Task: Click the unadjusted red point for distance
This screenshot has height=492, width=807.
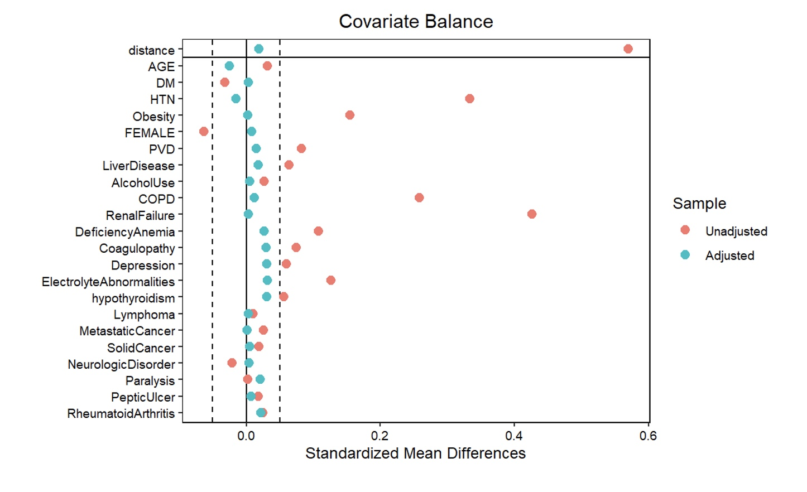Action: point(628,49)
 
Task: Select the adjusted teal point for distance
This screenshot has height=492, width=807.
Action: point(258,49)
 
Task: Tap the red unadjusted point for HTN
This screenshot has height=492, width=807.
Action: point(469,99)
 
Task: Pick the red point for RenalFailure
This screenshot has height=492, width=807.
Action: point(531,214)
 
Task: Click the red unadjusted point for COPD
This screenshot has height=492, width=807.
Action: point(419,198)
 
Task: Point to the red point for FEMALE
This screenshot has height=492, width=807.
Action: point(204,132)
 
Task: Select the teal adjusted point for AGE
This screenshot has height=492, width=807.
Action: point(229,66)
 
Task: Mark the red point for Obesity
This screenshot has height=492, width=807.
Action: point(350,115)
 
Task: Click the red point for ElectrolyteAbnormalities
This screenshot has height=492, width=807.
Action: point(330,280)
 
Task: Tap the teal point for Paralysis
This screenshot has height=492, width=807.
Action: point(260,380)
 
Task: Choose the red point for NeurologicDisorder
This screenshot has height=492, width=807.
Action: point(232,363)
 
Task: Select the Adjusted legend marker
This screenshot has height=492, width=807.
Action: point(685,255)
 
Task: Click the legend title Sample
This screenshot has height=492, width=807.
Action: point(699,204)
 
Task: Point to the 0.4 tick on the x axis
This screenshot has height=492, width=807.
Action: point(514,436)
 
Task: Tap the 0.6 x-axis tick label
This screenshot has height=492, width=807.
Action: point(648,436)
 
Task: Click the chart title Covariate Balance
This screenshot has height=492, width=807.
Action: point(416,22)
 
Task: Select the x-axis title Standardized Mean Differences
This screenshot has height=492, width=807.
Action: point(415,454)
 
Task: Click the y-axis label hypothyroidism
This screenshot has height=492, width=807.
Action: point(133,298)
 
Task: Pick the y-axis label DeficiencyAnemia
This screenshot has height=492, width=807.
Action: point(125,232)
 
